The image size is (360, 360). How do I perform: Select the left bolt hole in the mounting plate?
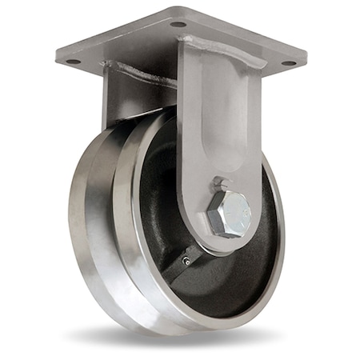coord(73,61)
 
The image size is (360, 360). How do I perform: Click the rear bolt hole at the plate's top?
coord(178,24)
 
